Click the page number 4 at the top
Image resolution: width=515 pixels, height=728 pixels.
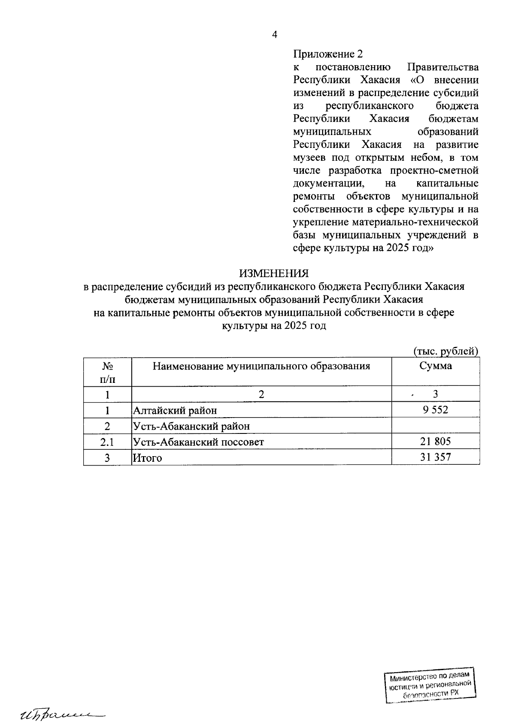(275, 35)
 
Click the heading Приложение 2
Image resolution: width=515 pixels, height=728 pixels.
(328, 54)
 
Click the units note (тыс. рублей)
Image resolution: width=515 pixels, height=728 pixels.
(445, 351)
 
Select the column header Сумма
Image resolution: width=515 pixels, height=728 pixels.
(435, 366)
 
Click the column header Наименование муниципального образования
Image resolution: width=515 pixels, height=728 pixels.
(261, 366)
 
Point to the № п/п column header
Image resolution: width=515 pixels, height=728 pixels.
(107, 372)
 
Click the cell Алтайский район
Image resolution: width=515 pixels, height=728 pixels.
(175, 410)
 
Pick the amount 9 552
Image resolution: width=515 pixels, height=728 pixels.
(435, 410)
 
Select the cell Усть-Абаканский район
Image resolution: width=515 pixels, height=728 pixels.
(191, 426)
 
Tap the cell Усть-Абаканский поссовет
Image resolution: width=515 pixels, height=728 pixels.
(198, 442)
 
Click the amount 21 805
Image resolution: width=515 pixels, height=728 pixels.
(435, 441)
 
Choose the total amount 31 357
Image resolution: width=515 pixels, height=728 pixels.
(435, 457)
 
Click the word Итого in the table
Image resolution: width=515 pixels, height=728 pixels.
(147, 458)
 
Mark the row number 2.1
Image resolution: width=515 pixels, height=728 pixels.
(107, 442)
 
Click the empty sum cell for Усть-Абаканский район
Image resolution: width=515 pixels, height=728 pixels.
(435, 426)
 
